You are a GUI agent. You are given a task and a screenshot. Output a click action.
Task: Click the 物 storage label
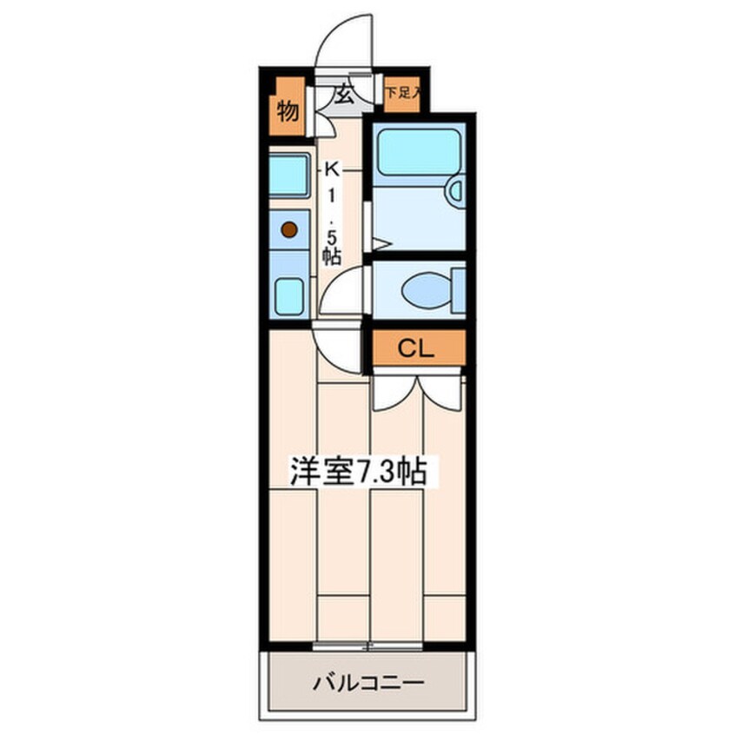[x=288, y=111]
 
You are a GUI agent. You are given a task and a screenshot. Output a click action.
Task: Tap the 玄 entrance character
[x=345, y=96]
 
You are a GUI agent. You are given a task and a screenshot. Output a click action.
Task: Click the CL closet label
[x=416, y=348]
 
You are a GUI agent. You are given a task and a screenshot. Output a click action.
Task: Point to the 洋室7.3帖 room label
[x=359, y=471]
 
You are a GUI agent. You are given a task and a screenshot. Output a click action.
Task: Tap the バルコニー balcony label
[x=368, y=682]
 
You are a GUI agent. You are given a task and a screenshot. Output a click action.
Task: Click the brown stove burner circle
[x=289, y=229]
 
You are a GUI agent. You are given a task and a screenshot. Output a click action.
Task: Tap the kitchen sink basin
[x=288, y=175]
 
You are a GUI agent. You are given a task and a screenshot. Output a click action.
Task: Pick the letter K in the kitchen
[x=332, y=169]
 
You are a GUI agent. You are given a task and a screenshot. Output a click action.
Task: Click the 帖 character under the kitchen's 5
[x=332, y=256]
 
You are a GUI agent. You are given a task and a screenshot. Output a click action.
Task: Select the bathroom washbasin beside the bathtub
[x=454, y=191]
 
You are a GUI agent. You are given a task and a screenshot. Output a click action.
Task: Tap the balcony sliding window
[x=368, y=646]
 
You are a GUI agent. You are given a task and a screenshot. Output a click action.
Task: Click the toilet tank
[x=458, y=291]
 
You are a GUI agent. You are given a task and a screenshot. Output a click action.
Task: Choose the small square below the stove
[x=288, y=296]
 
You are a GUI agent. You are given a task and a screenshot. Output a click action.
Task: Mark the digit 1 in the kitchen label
[x=332, y=197]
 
